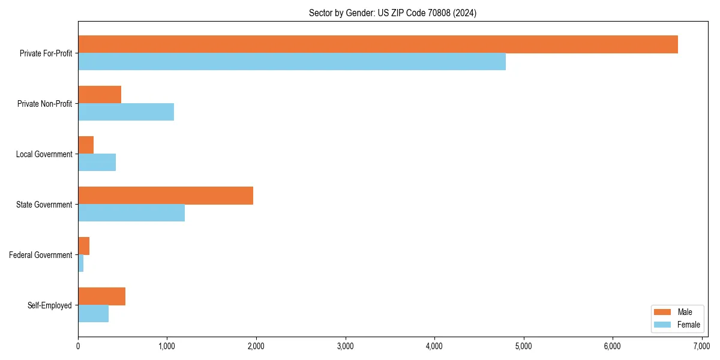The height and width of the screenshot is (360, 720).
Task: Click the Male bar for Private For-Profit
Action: [x=378, y=44]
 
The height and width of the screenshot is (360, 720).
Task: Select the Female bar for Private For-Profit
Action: [x=292, y=62]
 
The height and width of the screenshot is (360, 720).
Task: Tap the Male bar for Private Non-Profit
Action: [x=100, y=95]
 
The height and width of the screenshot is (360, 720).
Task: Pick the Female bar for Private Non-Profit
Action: [x=126, y=112]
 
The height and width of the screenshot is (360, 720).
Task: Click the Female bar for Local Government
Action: [x=97, y=163]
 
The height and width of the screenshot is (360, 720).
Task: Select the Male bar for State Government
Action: [x=166, y=196]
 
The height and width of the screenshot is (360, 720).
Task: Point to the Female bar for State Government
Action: [x=131, y=213]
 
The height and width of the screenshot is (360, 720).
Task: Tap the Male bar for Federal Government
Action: [x=83, y=246]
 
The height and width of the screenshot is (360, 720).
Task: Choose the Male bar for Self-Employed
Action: [x=101, y=296]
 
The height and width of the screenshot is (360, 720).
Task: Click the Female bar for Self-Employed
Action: [x=93, y=314]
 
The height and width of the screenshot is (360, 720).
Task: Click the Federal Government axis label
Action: [x=41, y=255]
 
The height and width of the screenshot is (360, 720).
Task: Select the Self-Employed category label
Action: [x=50, y=305]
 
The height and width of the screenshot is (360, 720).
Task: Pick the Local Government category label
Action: [x=44, y=154]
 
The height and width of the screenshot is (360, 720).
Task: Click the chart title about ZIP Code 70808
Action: [x=392, y=13]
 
